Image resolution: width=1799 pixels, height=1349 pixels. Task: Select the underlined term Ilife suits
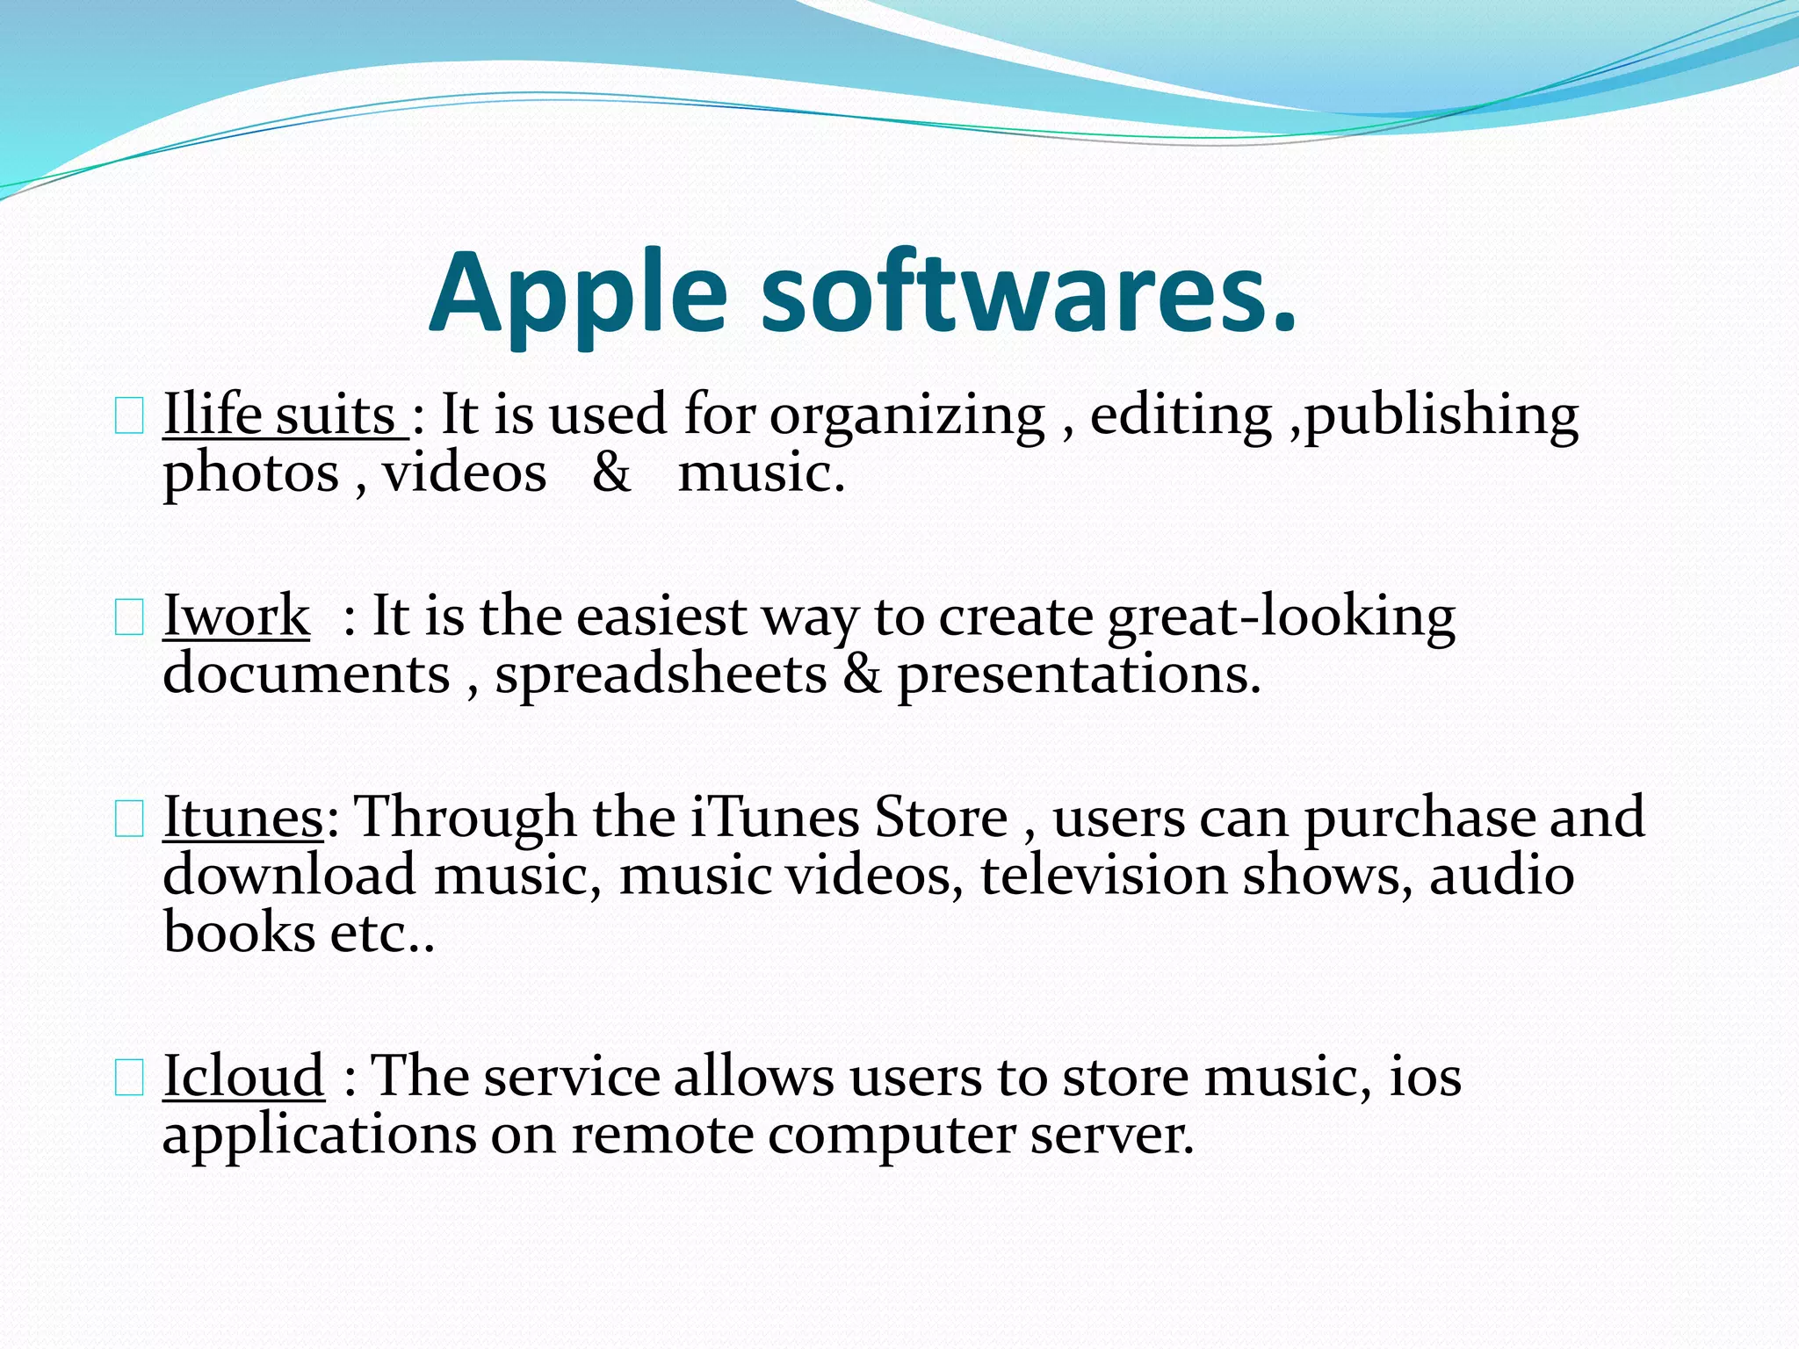tap(285, 415)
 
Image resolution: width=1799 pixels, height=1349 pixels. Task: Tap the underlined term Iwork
tap(236, 616)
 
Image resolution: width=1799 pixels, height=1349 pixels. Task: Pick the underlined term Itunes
tap(243, 818)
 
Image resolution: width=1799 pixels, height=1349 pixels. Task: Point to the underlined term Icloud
tap(243, 1076)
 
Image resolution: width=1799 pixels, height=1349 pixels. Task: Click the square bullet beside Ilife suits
tap(129, 418)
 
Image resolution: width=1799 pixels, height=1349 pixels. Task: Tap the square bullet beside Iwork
tap(129, 619)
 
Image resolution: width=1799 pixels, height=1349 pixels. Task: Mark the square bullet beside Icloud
tap(129, 1079)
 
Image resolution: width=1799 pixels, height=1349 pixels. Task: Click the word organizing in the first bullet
tap(907, 416)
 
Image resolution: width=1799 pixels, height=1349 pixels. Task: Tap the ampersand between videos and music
tap(611, 473)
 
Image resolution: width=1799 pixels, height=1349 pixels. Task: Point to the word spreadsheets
tap(661, 675)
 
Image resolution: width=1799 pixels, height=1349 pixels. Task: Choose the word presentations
tap(1079, 675)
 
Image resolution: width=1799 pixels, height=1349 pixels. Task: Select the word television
tap(1103, 876)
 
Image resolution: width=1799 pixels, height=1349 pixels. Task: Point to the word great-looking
tap(1281, 617)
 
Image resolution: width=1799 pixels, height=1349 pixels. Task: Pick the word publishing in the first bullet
tap(1441, 416)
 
